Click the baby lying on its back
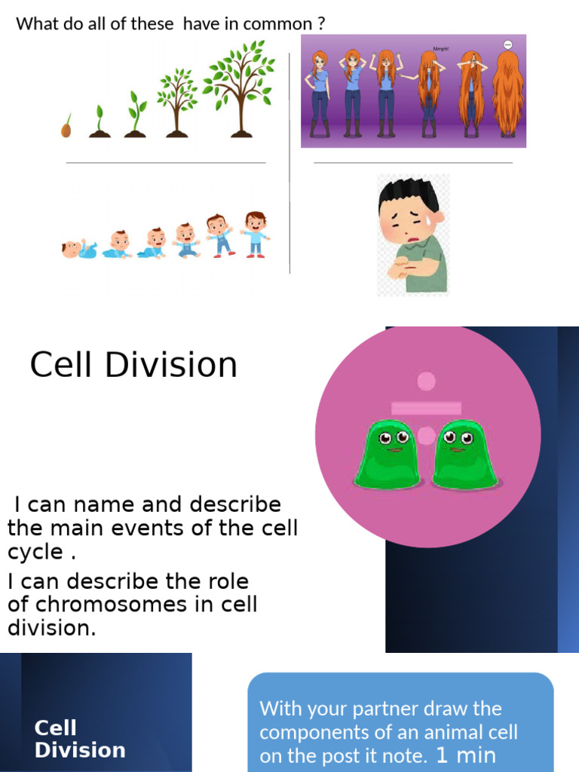[x=78, y=250]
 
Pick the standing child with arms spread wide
[x=256, y=234]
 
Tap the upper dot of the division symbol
[x=427, y=381]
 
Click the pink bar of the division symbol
[x=426, y=408]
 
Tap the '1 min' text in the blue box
[x=466, y=755]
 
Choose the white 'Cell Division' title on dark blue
[x=80, y=739]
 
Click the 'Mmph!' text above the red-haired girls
[x=441, y=46]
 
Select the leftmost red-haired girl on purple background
[x=320, y=94]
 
